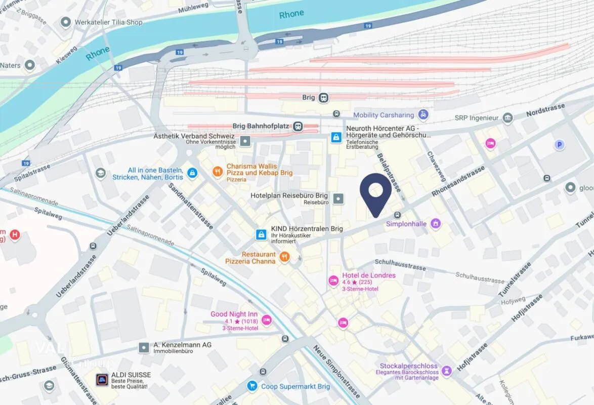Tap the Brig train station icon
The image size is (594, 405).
point(323,98)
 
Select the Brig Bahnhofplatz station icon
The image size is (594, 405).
point(299,126)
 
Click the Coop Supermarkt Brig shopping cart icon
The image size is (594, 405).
point(251,386)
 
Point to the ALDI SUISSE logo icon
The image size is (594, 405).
point(102,380)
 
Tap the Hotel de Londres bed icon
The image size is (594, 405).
point(333,279)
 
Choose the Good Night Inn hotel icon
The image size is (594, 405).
point(267,319)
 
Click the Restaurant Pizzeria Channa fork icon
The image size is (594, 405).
point(284,257)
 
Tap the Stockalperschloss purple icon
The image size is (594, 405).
point(446,371)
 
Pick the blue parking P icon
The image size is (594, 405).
point(559,145)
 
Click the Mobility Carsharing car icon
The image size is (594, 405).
point(423,115)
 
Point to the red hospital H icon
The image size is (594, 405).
point(16,234)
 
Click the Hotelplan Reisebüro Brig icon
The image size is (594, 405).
point(338,198)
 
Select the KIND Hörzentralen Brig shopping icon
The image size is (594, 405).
point(261,234)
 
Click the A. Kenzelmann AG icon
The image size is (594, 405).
point(144,348)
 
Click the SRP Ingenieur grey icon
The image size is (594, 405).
point(507,118)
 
